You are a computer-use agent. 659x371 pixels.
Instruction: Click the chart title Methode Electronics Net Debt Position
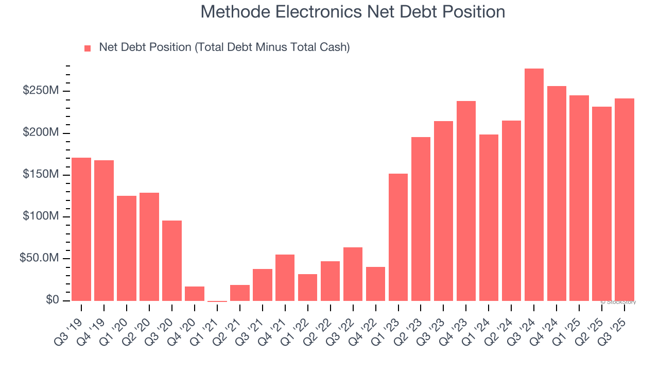[x=353, y=12]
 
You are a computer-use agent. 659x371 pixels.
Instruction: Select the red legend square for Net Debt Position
[x=88, y=48]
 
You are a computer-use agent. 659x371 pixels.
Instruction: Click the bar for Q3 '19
[x=81, y=229]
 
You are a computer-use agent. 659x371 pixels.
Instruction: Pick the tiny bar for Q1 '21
[x=217, y=301]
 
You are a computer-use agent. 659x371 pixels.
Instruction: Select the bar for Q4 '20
[x=195, y=294]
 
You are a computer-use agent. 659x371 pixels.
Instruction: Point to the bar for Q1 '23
[x=398, y=237]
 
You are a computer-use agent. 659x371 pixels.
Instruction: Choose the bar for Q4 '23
[x=466, y=201]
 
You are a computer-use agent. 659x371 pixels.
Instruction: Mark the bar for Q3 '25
[x=625, y=199]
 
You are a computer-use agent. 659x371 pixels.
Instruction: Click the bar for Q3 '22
[x=353, y=274]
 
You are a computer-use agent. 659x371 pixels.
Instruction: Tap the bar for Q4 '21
[x=285, y=278]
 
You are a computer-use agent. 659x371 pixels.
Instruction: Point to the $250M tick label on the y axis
[x=40, y=91]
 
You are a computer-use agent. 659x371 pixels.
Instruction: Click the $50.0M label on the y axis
[x=39, y=258]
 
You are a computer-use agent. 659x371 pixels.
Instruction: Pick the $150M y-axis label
[x=40, y=175]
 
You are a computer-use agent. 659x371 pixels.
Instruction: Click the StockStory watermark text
[x=618, y=302]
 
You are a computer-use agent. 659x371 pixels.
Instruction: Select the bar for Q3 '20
[x=172, y=261]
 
